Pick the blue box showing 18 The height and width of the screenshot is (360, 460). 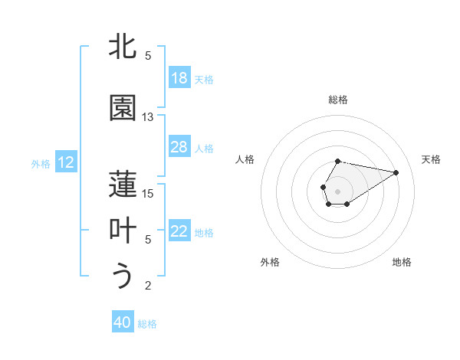click(x=179, y=78)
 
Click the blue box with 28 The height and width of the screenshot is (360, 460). click(x=179, y=147)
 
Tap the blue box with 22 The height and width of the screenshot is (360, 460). click(x=179, y=231)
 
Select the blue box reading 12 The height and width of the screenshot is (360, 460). click(x=66, y=162)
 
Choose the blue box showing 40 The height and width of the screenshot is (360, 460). click(x=123, y=322)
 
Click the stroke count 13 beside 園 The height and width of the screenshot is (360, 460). click(x=148, y=117)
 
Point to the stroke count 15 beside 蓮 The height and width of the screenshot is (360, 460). click(x=148, y=193)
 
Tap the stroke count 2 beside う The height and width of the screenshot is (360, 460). click(x=148, y=286)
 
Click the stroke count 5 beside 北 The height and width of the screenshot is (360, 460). click(x=148, y=56)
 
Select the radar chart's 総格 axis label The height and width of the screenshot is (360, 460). click(x=338, y=100)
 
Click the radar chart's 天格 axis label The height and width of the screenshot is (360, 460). click(x=431, y=159)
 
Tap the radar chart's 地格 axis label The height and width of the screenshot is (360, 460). click(x=402, y=262)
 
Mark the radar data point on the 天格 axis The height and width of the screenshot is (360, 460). click(x=396, y=172)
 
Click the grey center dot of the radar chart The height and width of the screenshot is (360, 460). click(x=337, y=190)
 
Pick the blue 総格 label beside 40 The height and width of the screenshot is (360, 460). click(x=147, y=324)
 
